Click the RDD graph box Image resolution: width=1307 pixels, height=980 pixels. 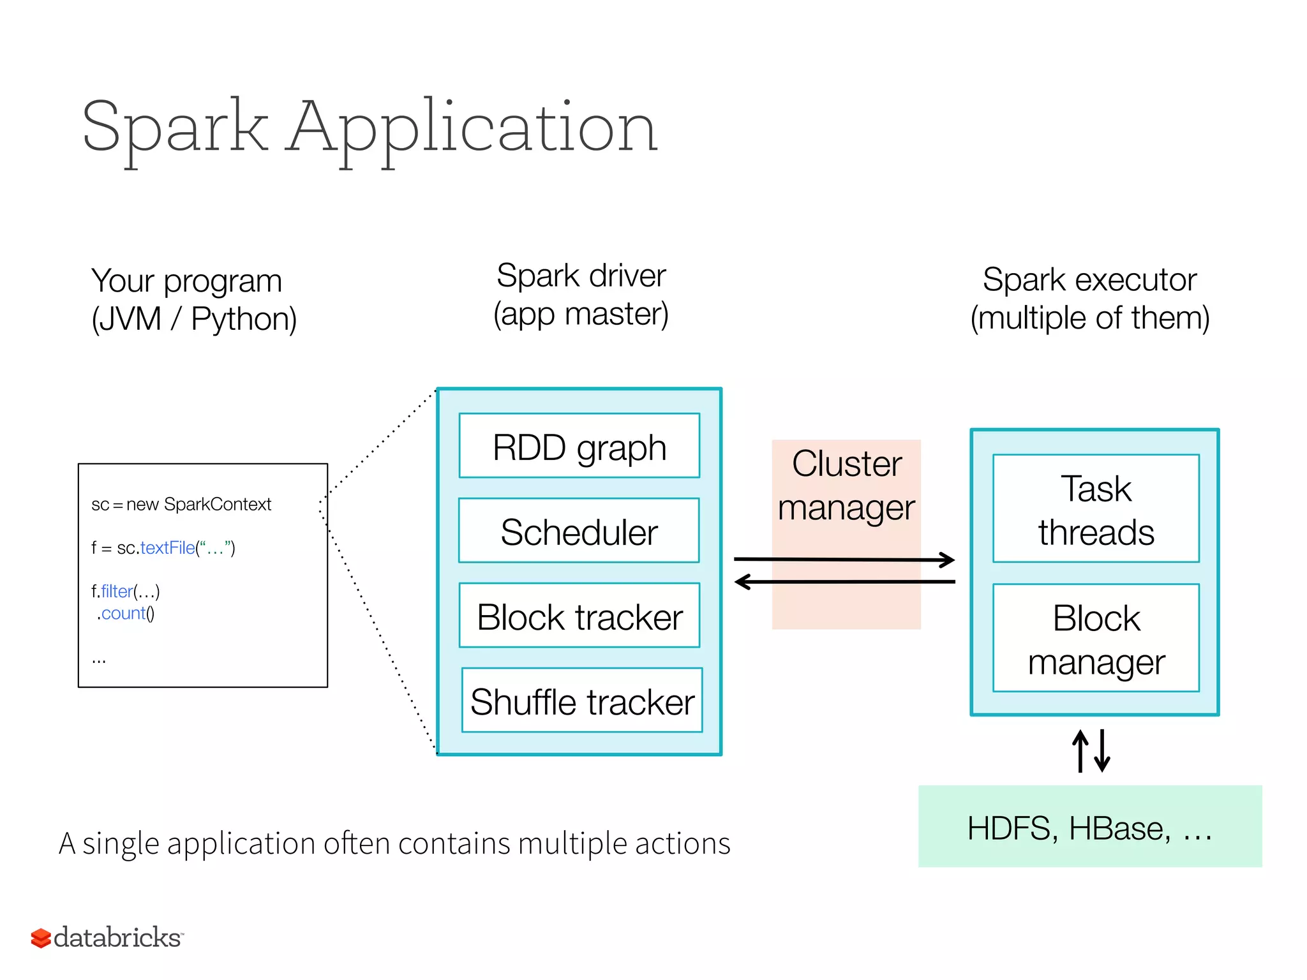579,445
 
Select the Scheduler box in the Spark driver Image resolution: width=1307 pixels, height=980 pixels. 579,531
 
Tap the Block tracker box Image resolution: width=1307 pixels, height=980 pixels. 579,616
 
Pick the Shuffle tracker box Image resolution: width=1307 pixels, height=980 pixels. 581,701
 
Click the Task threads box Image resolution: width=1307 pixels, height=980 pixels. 1096,509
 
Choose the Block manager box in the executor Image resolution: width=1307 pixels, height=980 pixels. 1096,638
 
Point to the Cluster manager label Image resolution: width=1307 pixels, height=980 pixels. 846,485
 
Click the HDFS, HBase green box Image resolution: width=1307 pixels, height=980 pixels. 1089,826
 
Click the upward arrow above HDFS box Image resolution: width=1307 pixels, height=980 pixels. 1080,751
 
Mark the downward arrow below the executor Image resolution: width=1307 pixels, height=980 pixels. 1102,751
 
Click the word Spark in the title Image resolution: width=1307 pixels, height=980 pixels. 175,128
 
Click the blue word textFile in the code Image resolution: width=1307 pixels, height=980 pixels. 167,548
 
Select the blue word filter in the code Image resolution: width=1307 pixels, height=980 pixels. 117,591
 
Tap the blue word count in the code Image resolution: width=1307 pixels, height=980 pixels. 123,614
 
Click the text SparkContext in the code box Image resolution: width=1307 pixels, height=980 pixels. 218,504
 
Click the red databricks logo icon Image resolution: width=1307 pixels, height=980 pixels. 41,938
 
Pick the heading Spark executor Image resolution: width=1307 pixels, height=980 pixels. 1089,279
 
